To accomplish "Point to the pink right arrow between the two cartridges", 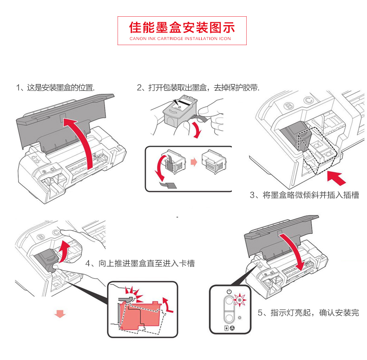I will pyautogui.click(x=194, y=163).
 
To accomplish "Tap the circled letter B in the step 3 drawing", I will pyautogui.click(x=288, y=106).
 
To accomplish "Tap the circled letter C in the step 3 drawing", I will pyautogui.click(x=307, y=100).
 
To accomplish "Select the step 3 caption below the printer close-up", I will pyautogui.click(x=305, y=195).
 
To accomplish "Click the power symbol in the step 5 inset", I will pyautogui.click(x=228, y=292).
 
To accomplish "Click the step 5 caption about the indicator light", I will pyautogui.click(x=308, y=313).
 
